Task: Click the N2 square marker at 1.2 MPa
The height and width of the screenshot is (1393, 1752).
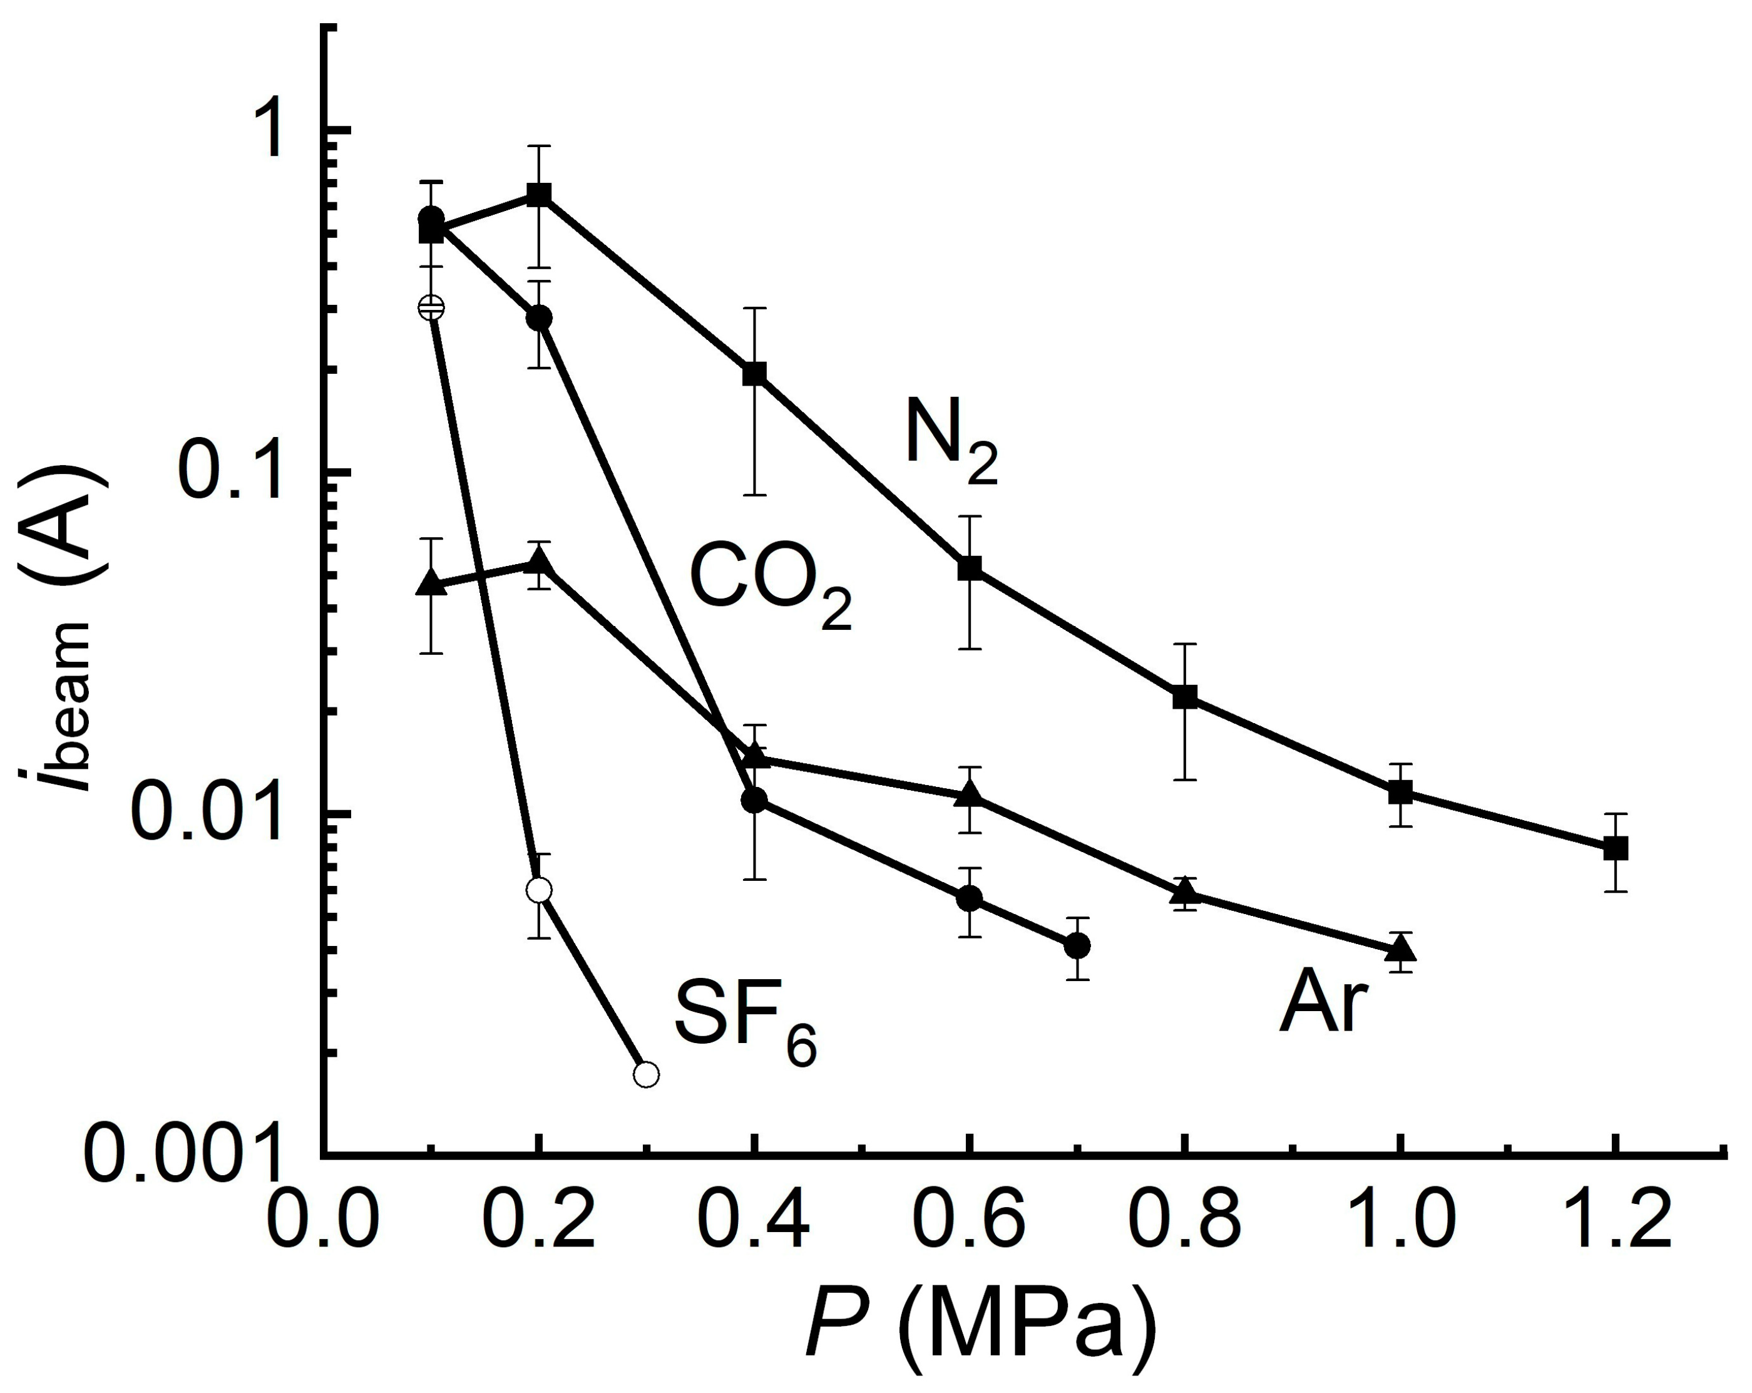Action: (x=1616, y=848)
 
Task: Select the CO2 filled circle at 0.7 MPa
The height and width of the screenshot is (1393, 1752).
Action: (x=1077, y=945)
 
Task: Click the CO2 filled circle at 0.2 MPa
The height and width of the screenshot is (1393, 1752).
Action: (x=539, y=318)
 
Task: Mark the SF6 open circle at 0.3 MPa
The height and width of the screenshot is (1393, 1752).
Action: (x=646, y=1074)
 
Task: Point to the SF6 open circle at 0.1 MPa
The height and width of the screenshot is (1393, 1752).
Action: (x=431, y=308)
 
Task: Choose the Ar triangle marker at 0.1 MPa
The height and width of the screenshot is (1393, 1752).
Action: (x=431, y=583)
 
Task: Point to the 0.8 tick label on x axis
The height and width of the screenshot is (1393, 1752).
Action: (x=1185, y=1218)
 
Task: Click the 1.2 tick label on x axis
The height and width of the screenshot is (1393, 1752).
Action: (x=1616, y=1218)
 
